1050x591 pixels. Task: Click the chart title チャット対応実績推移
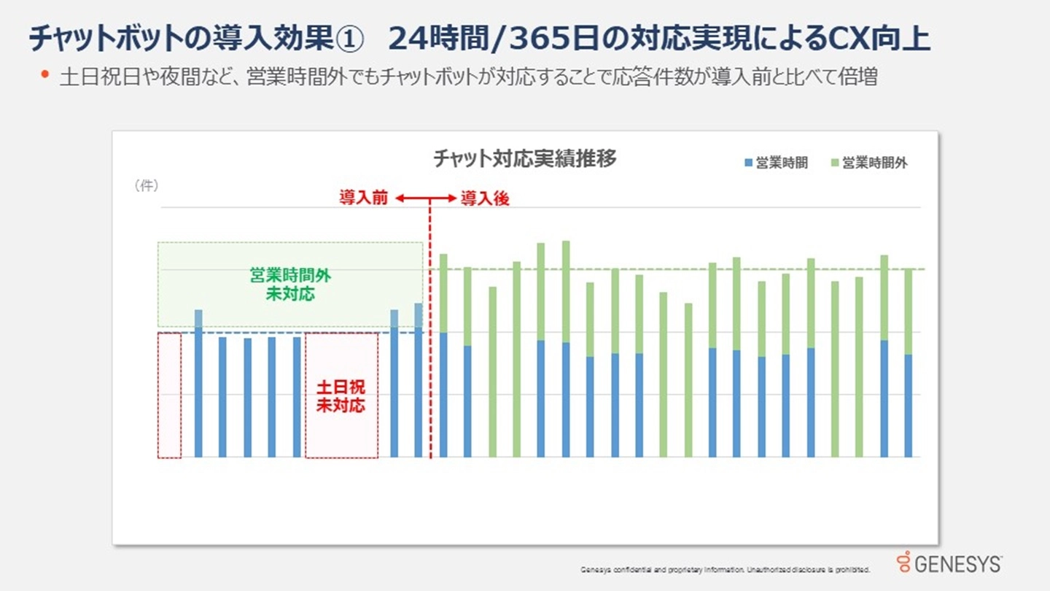[524, 158]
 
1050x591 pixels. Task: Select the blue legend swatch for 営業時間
[748, 163]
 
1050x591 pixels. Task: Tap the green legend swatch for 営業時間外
[834, 163]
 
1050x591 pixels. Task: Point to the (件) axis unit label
[146, 186]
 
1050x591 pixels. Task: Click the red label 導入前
[363, 198]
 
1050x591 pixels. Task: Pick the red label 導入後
[485, 198]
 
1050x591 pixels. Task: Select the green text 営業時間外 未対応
[290, 285]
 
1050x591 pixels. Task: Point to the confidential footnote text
[725, 569]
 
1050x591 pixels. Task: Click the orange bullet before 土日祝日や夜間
[46, 74]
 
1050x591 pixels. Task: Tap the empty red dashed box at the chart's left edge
[169, 395]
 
